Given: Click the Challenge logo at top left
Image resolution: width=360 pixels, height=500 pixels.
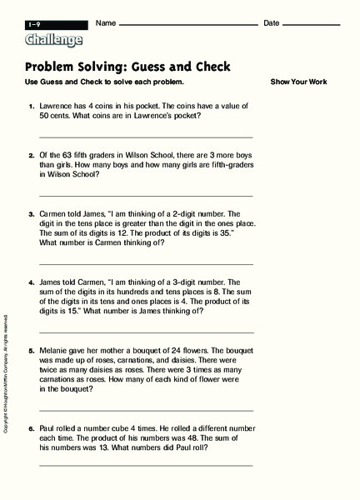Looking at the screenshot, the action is pyautogui.click(x=54, y=39).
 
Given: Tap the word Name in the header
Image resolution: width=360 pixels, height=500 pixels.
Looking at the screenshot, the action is pyautogui.click(x=106, y=22).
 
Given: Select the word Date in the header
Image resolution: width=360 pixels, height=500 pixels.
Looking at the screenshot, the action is pyautogui.click(x=272, y=22).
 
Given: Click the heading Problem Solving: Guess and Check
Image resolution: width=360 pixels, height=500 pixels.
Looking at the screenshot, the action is pyautogui.click(x=129, y=67).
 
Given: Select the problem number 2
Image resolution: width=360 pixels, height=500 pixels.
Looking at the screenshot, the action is pyautogui.click(x=32, y=155).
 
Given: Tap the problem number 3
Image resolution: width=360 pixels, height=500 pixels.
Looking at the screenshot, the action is pyautogui.click(x=32, y=213).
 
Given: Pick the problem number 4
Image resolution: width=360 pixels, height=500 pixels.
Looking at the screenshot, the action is pyautogui.click(x=32, y=282).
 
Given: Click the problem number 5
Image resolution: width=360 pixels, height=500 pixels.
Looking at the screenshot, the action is pyautogui.click(x=32, y=352).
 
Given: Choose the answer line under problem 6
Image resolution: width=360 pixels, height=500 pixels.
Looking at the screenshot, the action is pyautogui.click(x=146, y=465).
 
